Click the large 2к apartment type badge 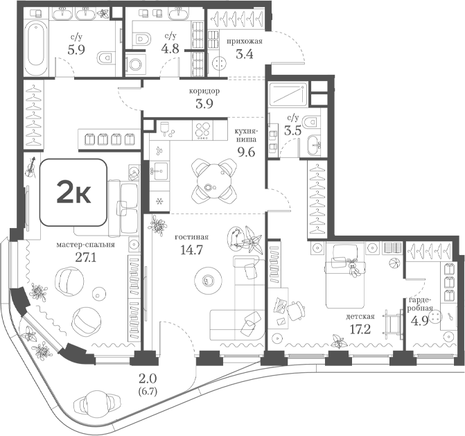click(x=73, y=192)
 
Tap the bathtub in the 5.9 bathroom click(x=35, y=49)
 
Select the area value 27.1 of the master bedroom click(x=86, y=258)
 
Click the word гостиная click(x=191, y=237)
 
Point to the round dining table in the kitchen click(x=214, y=181)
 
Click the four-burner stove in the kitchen click(x=202, y=130)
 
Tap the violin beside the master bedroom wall click(x=30, y=167)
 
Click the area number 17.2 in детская click(x=360, y=329)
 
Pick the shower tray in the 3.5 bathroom click(x=288, y=94)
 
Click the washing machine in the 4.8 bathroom click(x=136, y=64)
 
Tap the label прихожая click(x=245, y=42)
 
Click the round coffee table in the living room click(x=208, y=280)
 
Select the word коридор click(x=204, y=91)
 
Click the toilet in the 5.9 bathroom click(x=106, y=58)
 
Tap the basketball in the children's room click(x=394, y=263)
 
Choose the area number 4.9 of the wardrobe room click(x=419, y=321)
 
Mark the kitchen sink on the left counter click(x=159, y=171)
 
